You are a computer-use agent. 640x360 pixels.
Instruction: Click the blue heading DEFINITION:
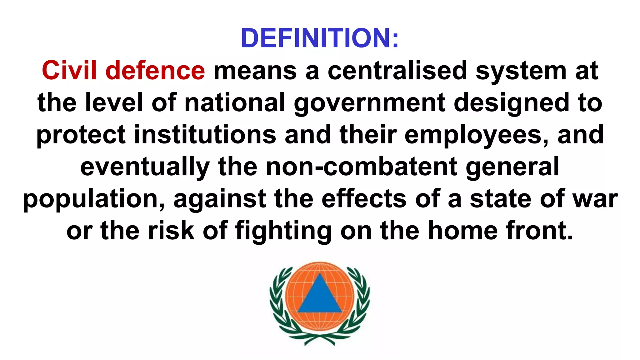point(320,38)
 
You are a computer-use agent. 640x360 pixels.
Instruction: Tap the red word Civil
point(69,70)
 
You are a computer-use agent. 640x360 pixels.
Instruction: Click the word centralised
point(397,70)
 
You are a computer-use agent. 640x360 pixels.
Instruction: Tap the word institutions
point(205,134)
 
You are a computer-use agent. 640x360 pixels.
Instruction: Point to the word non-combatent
point(362,167)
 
